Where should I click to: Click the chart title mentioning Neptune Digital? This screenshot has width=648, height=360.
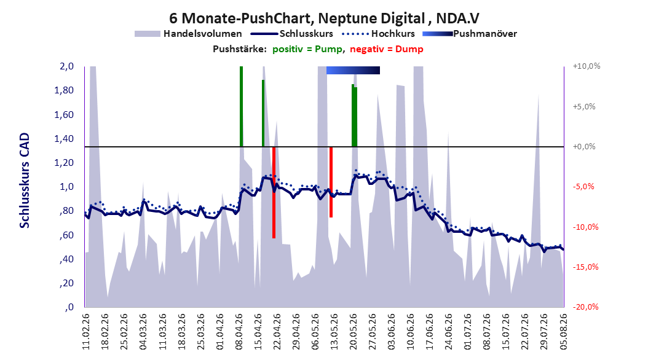click(x=324, y=18)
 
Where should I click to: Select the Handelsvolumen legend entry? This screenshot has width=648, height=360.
click(x=189, y=34)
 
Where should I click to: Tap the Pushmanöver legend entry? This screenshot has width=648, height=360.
click(x=470, y=34)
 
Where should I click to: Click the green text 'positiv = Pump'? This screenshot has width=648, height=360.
click(x=307, y=49)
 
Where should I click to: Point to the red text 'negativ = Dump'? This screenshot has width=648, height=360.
click(x=387, y=49)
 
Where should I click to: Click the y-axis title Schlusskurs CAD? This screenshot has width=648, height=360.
click(x=25, y=181)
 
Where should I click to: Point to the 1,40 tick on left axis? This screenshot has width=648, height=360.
click(x=64, y=139)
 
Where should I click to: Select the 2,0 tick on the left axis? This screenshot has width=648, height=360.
click(x=66, y=66)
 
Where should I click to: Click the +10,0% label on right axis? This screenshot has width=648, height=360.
click(x=587, y=66)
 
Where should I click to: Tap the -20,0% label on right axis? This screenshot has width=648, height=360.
click(x=585, y=307)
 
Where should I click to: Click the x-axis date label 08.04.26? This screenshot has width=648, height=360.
click(x=239, y=332)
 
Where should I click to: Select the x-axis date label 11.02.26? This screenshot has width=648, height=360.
click(x=86, y=332)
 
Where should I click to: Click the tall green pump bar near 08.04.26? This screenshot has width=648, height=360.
click(x=242, y=106)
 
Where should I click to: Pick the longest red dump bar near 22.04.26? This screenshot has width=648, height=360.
click(x=274, y=192)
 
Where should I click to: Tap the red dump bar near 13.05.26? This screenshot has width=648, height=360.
click(x=331, y=182)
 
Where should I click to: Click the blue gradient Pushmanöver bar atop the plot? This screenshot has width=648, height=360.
click(x=353, y=70)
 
